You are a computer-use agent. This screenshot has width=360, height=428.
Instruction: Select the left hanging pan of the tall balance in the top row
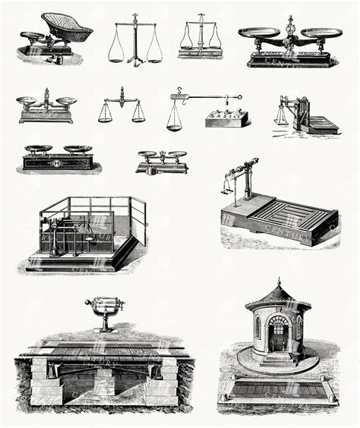tap(115, 55)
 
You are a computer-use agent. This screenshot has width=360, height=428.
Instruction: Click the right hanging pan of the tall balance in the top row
tap(154, 55)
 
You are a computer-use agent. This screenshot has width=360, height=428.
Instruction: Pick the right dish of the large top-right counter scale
tap(321, 33)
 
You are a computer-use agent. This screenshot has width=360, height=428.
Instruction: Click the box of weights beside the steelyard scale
tap(227, 117)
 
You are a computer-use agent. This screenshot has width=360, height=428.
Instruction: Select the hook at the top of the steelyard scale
tap(174, 90)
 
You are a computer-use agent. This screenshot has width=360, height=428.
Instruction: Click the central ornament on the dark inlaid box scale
tap(58, 162)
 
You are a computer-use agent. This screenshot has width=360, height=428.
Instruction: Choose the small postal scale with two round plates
tap(162, 160)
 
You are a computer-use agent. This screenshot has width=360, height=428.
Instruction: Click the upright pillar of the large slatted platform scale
tap(247, 181)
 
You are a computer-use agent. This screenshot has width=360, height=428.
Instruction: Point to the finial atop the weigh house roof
tap(278, 281)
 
